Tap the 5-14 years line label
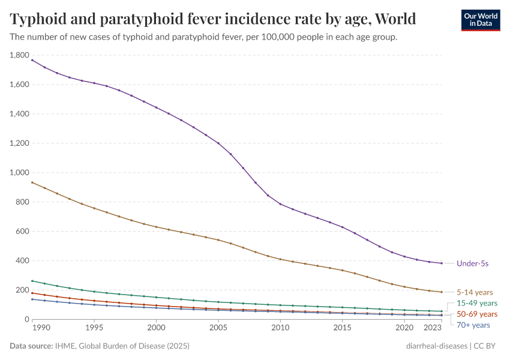click(x=475, y=292)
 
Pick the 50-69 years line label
click(x=477, y=314)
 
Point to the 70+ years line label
click(x=473, y=325)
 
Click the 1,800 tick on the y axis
click(x=20, y=55)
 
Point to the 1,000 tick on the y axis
click(x=20, y=173)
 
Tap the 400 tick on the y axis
click(x=23, y=261)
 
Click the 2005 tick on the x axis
click(x=218, y=328)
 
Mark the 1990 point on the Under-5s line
click(x=32, y=60)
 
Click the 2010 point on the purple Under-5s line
click(x=280, y=204)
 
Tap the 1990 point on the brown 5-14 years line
click(x=32, y=182)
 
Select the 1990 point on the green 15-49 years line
click(x=32, y=281)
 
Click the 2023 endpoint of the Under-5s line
click(x=442, y=263)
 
